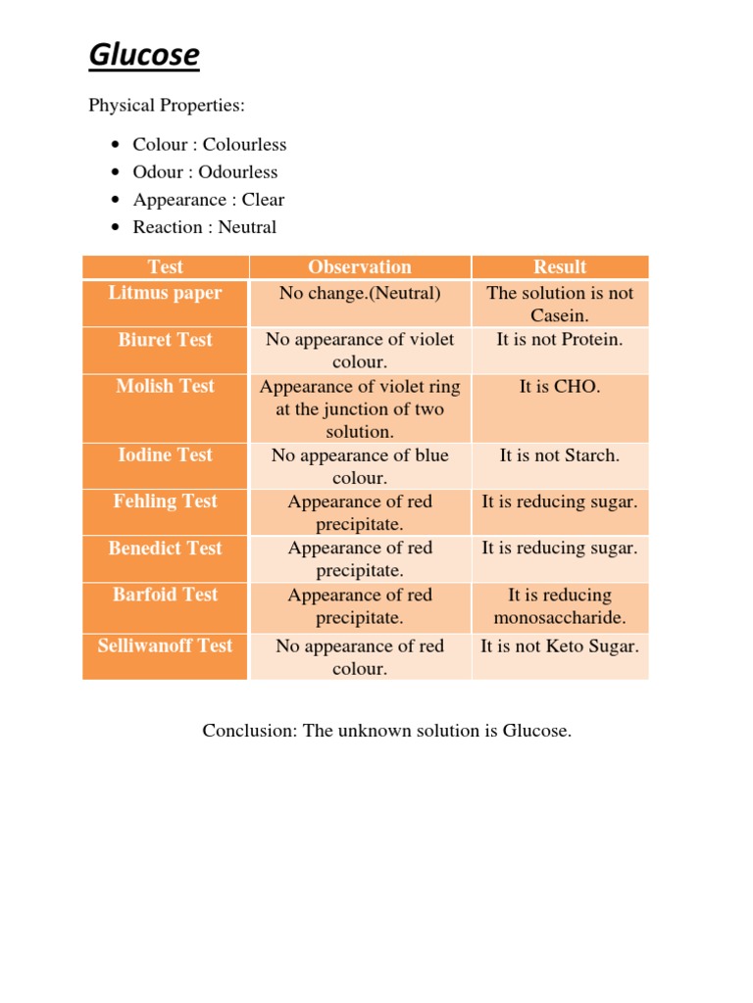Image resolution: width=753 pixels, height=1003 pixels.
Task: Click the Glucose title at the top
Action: [x=143, y=56]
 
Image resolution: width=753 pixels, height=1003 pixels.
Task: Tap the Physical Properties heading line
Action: [x=167, y=105]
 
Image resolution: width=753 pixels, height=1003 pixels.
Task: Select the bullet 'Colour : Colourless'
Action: [x=210, y=145]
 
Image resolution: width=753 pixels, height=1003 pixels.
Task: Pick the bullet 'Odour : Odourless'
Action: [x=205, y=172]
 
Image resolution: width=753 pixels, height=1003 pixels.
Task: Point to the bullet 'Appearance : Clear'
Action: [x=209, y=200]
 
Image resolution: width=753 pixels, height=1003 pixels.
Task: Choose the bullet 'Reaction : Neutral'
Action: [x=205, y=227]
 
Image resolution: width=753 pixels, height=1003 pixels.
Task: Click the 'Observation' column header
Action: [x=360, y=267]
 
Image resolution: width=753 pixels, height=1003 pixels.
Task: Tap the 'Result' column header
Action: [x=560, y=267]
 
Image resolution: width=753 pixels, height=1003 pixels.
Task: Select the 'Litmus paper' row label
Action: [x=166, y=293]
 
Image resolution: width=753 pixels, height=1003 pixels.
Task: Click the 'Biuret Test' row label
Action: [x=166, y=340]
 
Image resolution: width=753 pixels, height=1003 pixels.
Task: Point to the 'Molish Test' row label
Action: [x=166, y=386]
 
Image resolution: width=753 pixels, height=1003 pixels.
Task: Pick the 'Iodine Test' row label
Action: [x=166, y=454]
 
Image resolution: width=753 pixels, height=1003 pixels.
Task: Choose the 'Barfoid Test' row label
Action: [x=166, y=595]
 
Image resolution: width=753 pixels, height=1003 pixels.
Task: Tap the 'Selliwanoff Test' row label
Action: [x=166, y=645]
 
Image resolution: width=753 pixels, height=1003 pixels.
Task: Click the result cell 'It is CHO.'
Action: [x=560, y=387]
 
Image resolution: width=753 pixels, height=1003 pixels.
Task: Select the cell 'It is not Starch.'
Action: [x=560, y=455]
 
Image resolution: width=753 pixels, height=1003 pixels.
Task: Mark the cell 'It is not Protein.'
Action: [x=560, y=340]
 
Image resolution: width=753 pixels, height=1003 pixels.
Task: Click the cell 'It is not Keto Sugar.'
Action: [x=560, y=646]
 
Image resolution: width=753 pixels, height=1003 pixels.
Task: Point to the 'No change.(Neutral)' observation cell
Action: [x=360, y=293]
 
